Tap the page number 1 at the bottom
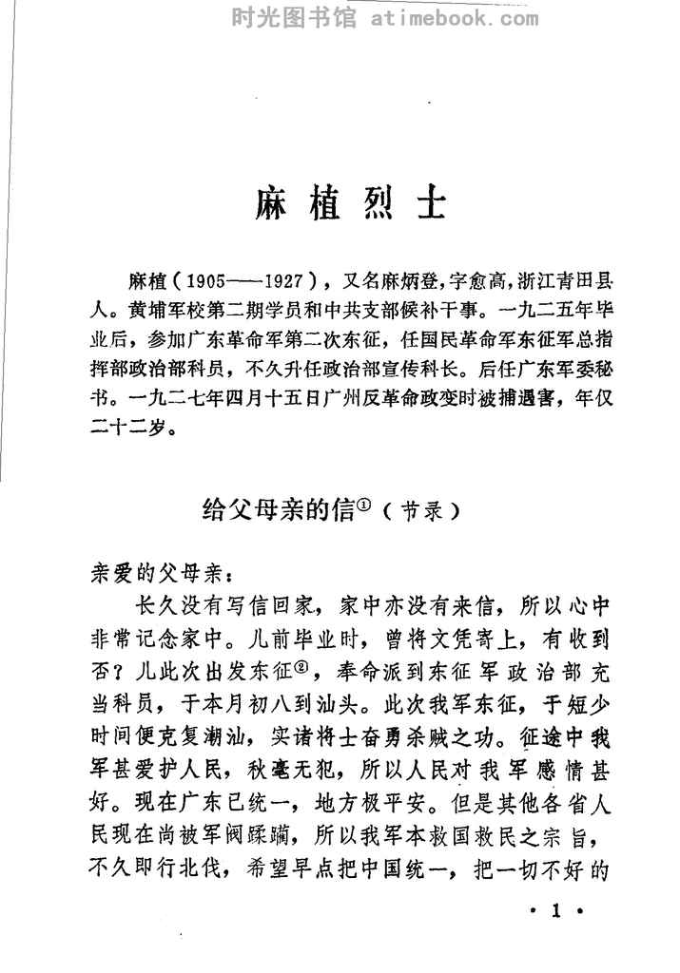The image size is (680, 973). tap(558, 913)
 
